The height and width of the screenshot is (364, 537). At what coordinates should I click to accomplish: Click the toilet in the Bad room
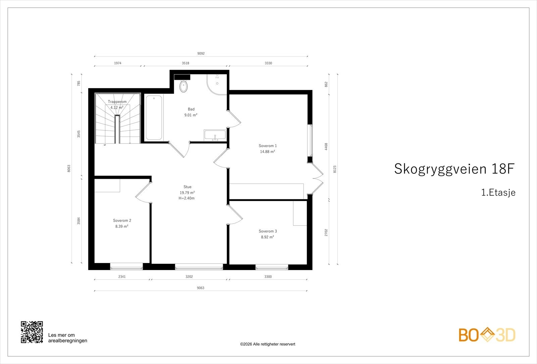[x=184, y=86]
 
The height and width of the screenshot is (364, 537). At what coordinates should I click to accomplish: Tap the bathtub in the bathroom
[x=154, y=117]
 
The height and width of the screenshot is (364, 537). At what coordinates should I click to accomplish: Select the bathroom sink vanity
[x=215, y=135]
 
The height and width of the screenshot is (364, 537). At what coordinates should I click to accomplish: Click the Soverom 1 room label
[x=267, y=146]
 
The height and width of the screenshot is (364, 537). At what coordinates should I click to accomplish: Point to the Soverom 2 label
[x=122, y=221]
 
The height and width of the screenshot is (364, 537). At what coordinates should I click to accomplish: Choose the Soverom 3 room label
[x=267, y=231]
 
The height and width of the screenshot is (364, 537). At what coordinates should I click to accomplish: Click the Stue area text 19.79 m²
[x=187, y=193]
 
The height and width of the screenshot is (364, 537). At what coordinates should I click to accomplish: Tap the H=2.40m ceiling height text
[x=187, y=198]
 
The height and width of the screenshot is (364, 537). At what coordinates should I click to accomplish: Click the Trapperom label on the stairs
[x=117, y=102]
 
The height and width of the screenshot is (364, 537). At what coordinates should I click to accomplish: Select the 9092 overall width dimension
[x=201, y=53]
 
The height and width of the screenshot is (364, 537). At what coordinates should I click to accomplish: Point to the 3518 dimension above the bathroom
[x=185, y=63]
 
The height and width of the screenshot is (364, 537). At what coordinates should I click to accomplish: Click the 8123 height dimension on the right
[x=335, y=169]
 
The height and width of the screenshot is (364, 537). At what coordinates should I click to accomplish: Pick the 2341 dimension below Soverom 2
[x=122, y=277]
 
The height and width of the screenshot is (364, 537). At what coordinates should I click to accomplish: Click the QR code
[x=32, y=332]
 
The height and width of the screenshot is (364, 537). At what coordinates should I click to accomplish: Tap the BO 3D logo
[x=487, y=335]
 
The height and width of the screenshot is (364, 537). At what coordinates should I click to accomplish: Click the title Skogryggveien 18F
[x=454, y=169]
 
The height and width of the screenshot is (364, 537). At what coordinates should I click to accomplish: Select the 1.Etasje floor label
[x=498, y=193]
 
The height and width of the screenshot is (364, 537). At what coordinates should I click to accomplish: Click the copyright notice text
[x=267, y=344]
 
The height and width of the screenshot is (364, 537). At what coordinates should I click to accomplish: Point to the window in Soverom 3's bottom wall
[x=272, y=267]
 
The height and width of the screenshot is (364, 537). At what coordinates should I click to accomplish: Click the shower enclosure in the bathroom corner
[x=217, y=84]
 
